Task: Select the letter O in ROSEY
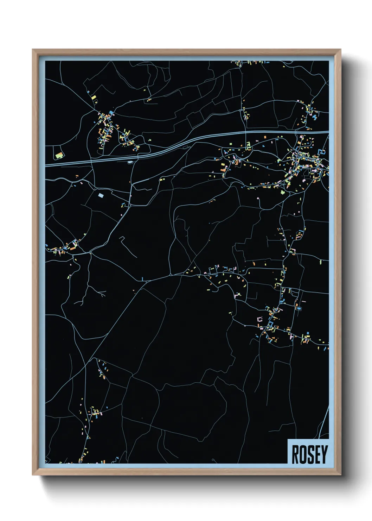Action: tap(303, 454)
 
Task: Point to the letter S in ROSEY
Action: tap(309, 454)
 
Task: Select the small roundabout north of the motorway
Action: tap(241, 110)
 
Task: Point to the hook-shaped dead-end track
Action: tap(123, 239)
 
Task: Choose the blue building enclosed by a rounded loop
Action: tap(299, 308)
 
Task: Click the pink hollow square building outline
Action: tap(260, 320)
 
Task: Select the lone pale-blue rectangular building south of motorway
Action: tap(101, 195)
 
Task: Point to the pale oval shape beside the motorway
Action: tap(131, 162)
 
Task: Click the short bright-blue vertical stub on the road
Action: tap(142, 279)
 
